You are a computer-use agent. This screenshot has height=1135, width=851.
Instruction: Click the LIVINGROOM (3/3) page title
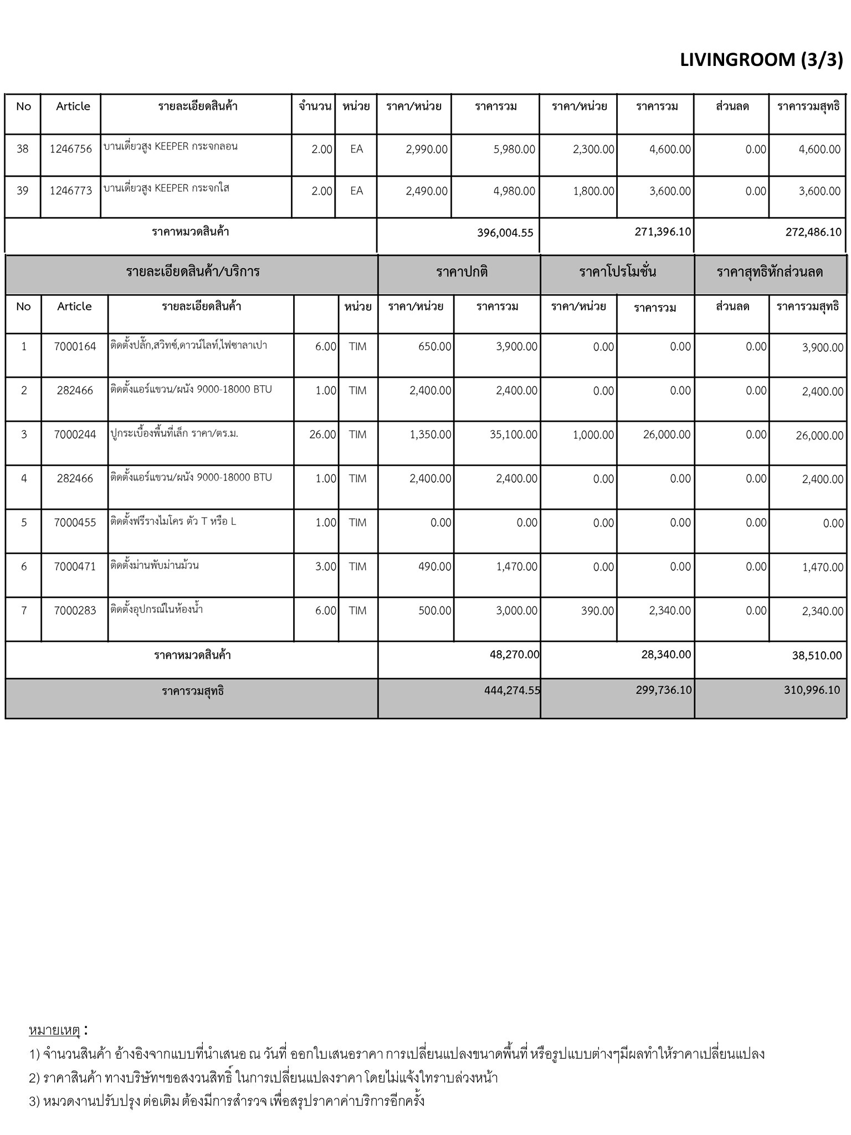click(761, 60)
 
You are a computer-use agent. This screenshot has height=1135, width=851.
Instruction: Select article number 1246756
click(71, 149)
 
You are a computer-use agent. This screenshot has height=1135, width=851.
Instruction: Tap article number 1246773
click(71, 191)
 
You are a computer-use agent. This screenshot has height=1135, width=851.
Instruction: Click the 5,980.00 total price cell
click(514, 150)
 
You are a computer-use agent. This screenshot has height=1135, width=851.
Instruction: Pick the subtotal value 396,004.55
click(505, 233)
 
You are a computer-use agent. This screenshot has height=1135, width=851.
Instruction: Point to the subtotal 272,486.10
click(813, 232)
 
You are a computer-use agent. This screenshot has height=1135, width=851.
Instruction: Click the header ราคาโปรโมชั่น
click(617, 272)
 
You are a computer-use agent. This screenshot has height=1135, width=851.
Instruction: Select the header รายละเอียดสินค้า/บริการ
click(192, 272)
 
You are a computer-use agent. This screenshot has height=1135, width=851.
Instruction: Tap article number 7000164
click(75, 347)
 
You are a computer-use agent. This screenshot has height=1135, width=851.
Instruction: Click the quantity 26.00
click(322, 435)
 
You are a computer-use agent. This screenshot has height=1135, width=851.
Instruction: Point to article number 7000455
click(75, 523)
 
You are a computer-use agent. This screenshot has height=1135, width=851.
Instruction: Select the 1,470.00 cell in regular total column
click(516, 567)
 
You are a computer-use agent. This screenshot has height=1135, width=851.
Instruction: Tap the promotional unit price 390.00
click(598, 611)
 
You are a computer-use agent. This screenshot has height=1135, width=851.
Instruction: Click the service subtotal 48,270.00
click(514, 655)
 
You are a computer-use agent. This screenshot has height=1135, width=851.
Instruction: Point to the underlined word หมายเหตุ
click(54, 1030)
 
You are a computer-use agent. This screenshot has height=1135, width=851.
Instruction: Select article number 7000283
click(75, 611)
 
